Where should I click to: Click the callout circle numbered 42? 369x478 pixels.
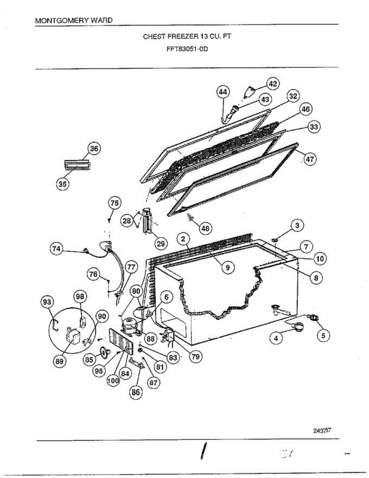coord(273,84)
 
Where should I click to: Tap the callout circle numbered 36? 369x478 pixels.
coord(94,149)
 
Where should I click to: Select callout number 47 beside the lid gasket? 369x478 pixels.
coord(310,159)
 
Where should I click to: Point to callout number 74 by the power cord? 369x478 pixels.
coord(56,248)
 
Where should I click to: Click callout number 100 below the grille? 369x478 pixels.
coord(113,380)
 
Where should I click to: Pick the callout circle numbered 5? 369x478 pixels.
coord(323,336)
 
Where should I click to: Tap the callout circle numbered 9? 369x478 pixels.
coord(227,268)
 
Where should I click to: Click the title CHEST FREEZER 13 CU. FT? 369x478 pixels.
coord(187,36)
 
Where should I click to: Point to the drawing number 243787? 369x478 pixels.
coord(322,430)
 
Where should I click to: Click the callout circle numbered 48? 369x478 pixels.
coord(206,228)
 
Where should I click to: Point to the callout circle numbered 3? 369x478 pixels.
coord(297,226)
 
